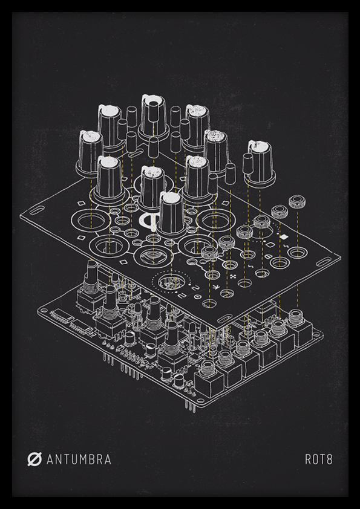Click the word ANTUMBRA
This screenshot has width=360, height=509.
tap(79, 459)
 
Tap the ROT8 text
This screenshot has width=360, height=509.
tap(319, 459)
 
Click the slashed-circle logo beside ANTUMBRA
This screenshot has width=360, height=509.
tap(34, 459)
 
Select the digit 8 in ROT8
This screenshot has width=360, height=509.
tap(329, 459)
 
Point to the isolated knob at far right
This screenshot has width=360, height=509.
tap(261, 162)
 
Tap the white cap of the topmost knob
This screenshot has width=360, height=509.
tap(153, 100)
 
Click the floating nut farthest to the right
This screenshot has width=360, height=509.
tap(297, 201)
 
